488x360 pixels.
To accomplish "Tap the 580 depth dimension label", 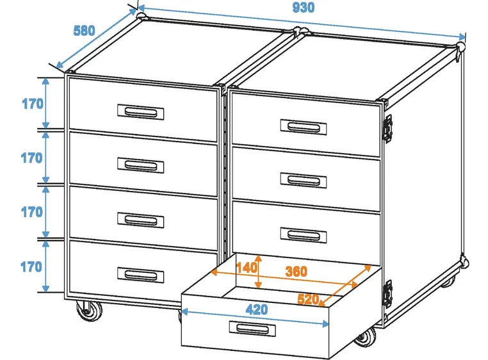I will (84, 30).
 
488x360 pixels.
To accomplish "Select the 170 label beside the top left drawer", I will (32, 103).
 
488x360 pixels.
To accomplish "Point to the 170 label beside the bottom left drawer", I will (32, 266).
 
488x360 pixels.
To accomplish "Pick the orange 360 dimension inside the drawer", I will (296, 271).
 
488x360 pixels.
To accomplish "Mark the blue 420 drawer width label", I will (257, 309).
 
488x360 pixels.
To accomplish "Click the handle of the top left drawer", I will (141, 111).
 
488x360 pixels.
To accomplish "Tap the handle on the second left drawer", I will (141, 166).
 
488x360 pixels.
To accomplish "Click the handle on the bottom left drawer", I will (141, 275).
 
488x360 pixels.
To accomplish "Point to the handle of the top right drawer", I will (304, 126).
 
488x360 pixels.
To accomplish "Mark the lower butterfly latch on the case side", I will (387, 293).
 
